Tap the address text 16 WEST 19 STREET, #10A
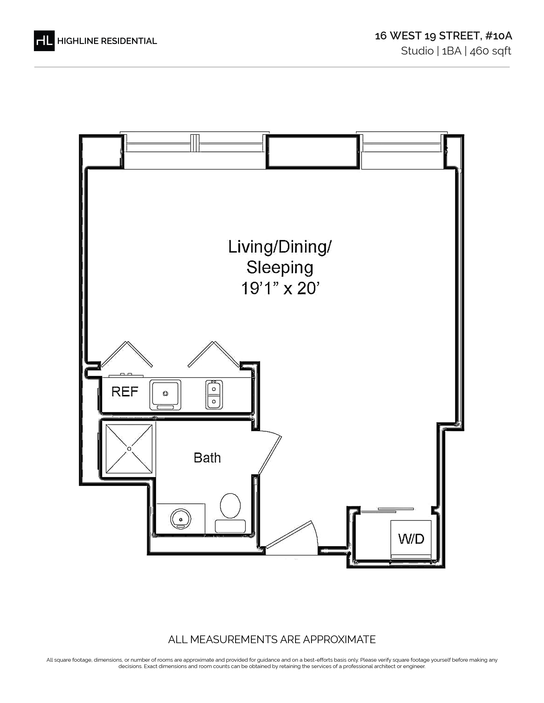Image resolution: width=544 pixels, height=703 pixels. pyautogui.click(x=444, y=36)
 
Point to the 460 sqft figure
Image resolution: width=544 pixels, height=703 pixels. pyautogui.click(x=490, y=51)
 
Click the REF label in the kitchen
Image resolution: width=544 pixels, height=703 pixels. pyautogui.click(x=125, y=392)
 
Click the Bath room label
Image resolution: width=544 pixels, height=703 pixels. pyautogui.click(x=207, y=458)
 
